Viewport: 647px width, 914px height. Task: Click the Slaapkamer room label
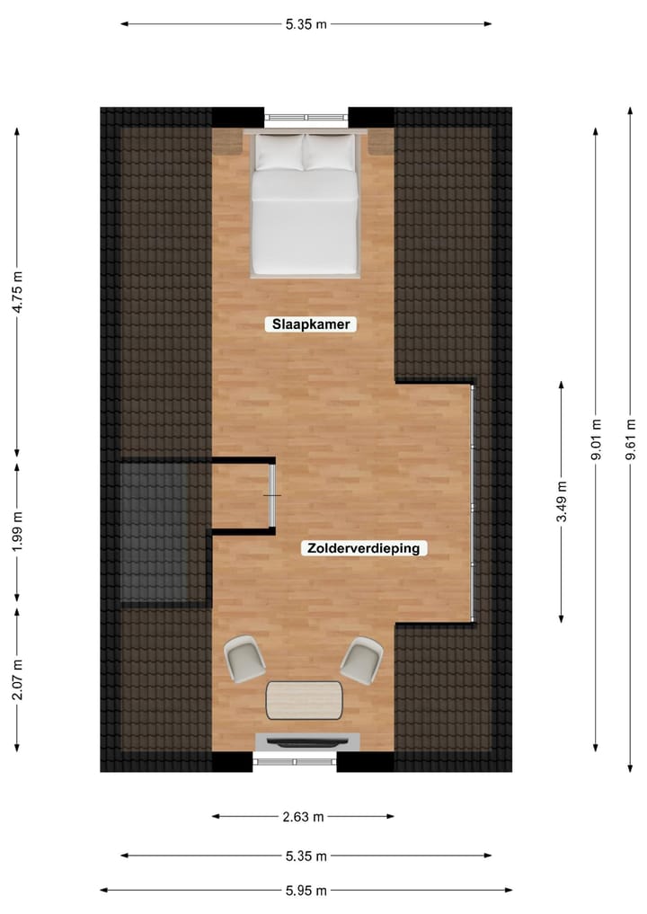tap(311, 325)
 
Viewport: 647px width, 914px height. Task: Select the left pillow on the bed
tap(279, 152)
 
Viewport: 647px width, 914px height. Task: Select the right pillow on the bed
tap(330, 152)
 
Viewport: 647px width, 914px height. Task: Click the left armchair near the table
tap(244, 659)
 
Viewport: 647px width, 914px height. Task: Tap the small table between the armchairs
tap(305, 700)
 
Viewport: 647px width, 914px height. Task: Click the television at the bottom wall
tap(306, 741)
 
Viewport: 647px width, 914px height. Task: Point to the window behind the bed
tap(306, 117)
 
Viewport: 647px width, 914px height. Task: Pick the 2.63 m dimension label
tap(304, 817)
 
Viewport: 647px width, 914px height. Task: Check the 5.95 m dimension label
tap(306, 891)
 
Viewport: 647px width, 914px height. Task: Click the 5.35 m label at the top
tap(306, 24)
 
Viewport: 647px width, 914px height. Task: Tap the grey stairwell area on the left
tap(153, 532)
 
